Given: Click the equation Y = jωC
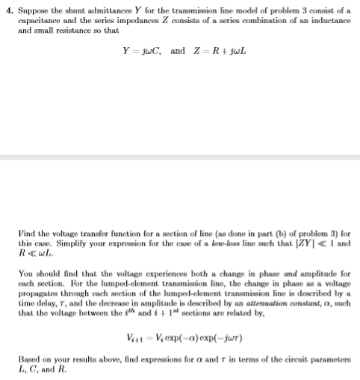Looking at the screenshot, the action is tap(142, 52).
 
